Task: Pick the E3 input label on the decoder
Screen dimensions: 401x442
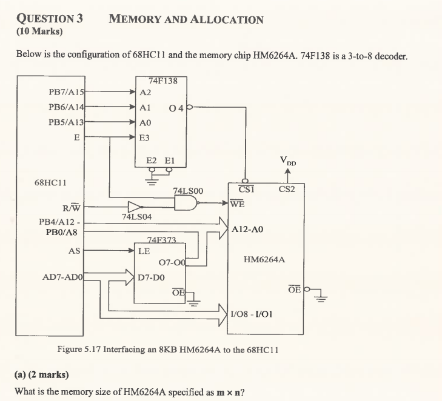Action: coord(145,138)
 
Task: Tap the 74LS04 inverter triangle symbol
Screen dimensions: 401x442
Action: coord(135,205)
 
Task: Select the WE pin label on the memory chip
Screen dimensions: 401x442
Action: coord(238,204)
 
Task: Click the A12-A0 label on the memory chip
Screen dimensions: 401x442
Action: coord(247,230)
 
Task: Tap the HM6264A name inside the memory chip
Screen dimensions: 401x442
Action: coord(264,260)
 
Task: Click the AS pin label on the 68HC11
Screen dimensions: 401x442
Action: coord(75,250)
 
